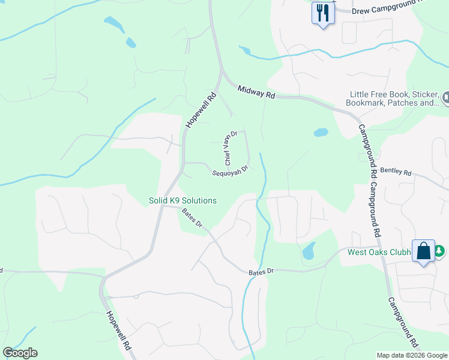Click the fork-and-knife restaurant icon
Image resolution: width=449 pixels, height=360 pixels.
coord(323,13)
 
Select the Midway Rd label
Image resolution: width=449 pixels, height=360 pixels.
coord(256,92)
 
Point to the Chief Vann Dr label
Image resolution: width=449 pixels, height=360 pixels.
coord(231,148)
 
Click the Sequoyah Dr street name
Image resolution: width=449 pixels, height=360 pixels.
coord(230,171)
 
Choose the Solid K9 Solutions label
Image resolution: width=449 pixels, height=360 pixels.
coord(182,200)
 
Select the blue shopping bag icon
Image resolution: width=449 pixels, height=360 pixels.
coord(424,252)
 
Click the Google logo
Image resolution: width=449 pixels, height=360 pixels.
coord(20,353)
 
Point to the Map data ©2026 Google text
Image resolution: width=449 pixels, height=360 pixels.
coord(411,355)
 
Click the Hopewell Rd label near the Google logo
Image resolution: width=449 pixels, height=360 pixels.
coord(118,330)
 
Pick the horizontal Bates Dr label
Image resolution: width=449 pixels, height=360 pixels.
coord(261,272)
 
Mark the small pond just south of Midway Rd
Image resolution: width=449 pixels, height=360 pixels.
coord(321,132)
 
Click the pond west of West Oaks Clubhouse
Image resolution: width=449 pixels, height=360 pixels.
coord(309,251)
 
